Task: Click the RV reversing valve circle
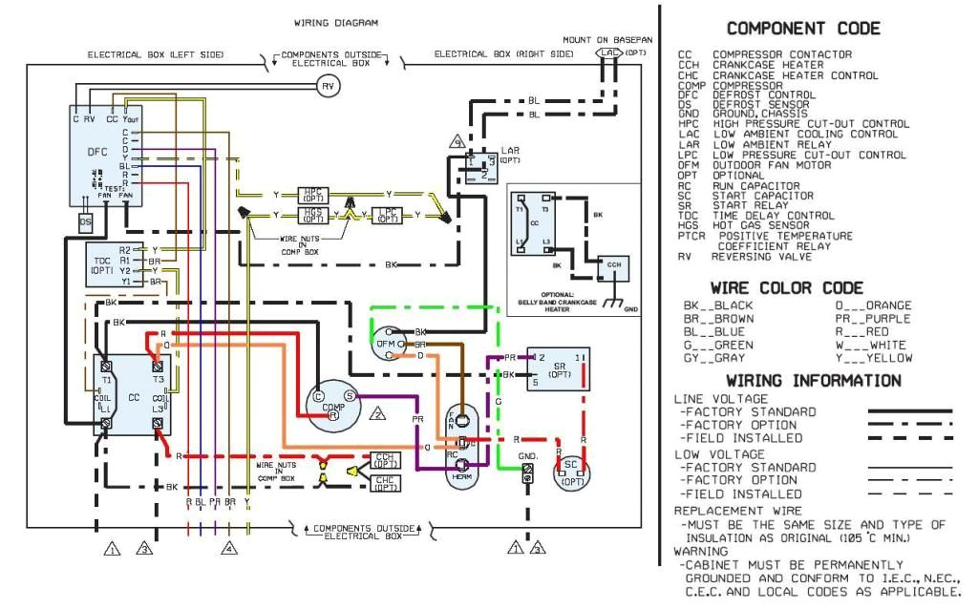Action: click(329, 85)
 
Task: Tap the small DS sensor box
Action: click(85, 221)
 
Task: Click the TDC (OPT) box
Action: click(100, 264)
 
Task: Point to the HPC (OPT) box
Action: click(312, 195)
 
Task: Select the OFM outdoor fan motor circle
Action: click(386, 344)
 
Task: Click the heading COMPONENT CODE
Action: click(803, 29)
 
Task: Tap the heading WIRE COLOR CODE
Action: click(786, 287)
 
